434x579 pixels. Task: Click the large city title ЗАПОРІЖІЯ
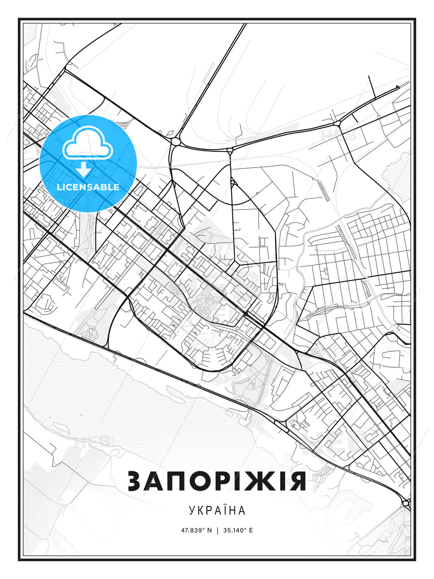click(217, 481)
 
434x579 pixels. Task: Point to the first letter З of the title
click(136, 481)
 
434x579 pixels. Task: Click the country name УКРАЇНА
click(217, 510)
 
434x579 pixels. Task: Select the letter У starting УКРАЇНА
click(192, 511)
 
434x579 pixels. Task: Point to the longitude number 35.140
click(235, 530)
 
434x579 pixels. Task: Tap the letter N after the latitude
click(209, 530)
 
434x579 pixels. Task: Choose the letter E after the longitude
click(251, 530)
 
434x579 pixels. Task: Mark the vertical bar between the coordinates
click(217, 530)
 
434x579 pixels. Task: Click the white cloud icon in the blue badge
click(87, 144)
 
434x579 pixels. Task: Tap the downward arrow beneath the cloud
click(84, 169)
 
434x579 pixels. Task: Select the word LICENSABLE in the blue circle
click(88, 187)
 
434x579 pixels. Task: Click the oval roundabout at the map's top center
click(175, 141)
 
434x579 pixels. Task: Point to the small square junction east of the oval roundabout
click(229, 151)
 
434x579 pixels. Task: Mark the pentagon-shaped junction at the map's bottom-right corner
click(405, 503)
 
